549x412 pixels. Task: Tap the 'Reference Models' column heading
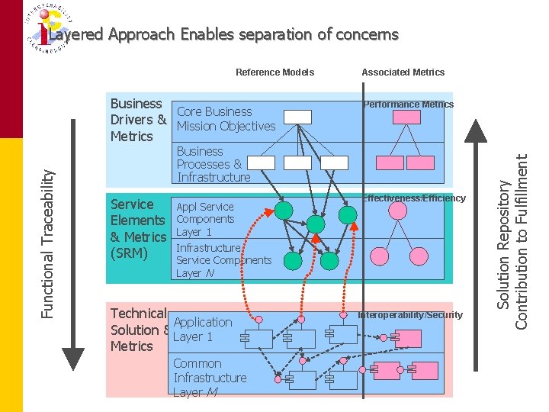coord(274,72)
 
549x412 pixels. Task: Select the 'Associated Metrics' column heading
coord(403,72)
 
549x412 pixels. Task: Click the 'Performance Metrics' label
coord(408,105)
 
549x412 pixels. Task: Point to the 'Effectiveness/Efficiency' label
coord(413,198)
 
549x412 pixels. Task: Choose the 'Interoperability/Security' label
coord(410,315)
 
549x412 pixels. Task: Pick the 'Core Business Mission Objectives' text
coord(226,119)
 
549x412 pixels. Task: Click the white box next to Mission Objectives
coord(297,117)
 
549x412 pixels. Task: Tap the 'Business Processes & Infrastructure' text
coord(213,164)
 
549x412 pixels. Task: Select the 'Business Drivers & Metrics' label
coord(138,120)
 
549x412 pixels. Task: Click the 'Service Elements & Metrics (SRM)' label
coord(138,228)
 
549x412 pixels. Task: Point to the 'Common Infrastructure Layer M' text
coord(209,378)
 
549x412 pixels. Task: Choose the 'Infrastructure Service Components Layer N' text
coord(223,260)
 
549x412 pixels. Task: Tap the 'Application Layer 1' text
coord(202,330)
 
